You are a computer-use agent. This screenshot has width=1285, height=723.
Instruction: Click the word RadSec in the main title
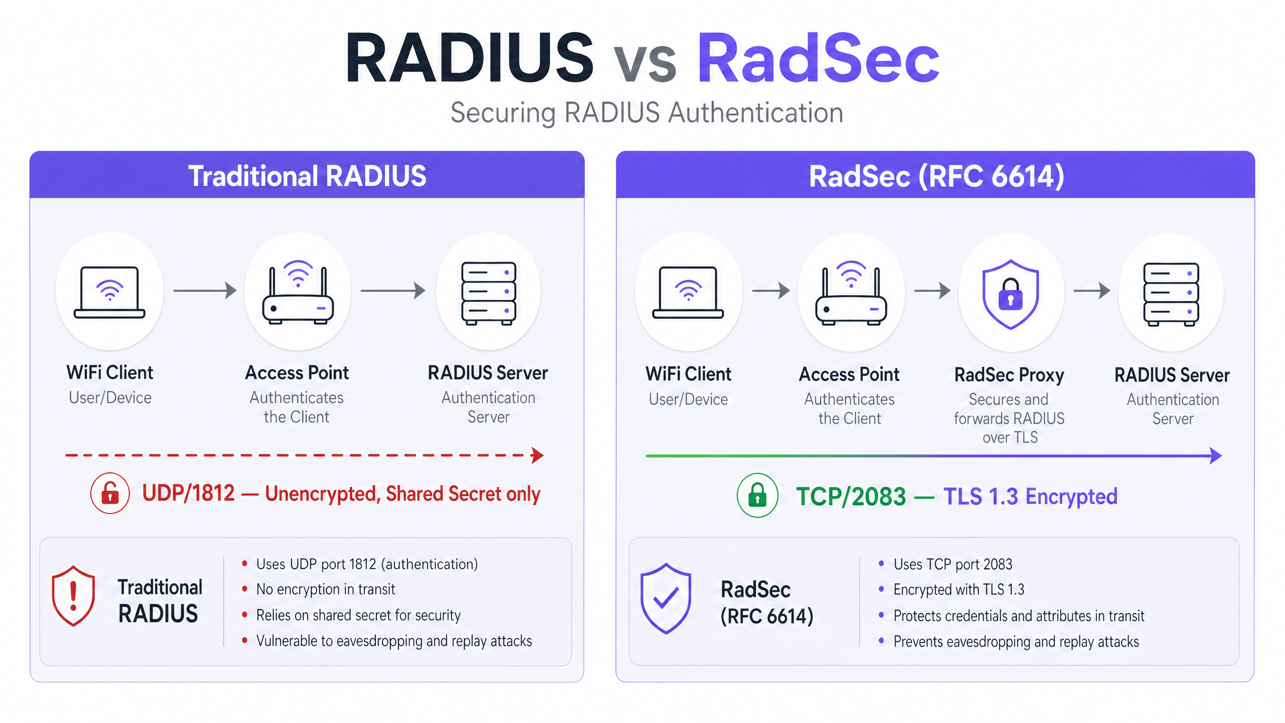818,58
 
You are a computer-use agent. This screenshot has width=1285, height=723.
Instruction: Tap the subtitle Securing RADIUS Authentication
647,113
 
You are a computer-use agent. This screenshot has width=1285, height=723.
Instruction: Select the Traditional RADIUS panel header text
307,176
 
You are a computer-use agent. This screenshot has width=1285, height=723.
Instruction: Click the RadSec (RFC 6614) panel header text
937,176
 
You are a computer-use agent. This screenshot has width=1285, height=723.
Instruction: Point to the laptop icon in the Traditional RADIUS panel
109,292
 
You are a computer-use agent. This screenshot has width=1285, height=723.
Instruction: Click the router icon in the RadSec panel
851,293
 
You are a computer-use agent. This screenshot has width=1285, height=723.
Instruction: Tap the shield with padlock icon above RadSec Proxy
1010,294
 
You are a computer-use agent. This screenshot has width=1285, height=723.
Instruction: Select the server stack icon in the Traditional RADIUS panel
488,293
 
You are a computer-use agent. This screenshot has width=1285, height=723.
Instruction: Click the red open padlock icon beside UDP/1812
110,493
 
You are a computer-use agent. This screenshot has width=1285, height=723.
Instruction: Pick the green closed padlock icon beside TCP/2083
757,496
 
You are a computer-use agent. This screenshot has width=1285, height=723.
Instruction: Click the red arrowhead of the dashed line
538,455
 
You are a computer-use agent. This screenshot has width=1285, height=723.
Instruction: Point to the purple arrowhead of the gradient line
1216,456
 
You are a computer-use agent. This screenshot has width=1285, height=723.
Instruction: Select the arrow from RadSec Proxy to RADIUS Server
1092,290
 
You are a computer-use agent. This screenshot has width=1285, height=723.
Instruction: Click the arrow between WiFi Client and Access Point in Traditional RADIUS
205,290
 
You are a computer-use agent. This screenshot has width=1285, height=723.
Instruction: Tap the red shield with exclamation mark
73,596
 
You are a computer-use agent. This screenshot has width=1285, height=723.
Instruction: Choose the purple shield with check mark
666,598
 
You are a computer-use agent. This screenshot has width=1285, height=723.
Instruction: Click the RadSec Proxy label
1009,375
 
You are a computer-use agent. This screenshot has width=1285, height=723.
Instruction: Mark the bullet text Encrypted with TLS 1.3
959,589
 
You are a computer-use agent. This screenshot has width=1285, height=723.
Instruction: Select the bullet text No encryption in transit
326,589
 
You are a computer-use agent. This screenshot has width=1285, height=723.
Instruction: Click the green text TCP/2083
851,497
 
